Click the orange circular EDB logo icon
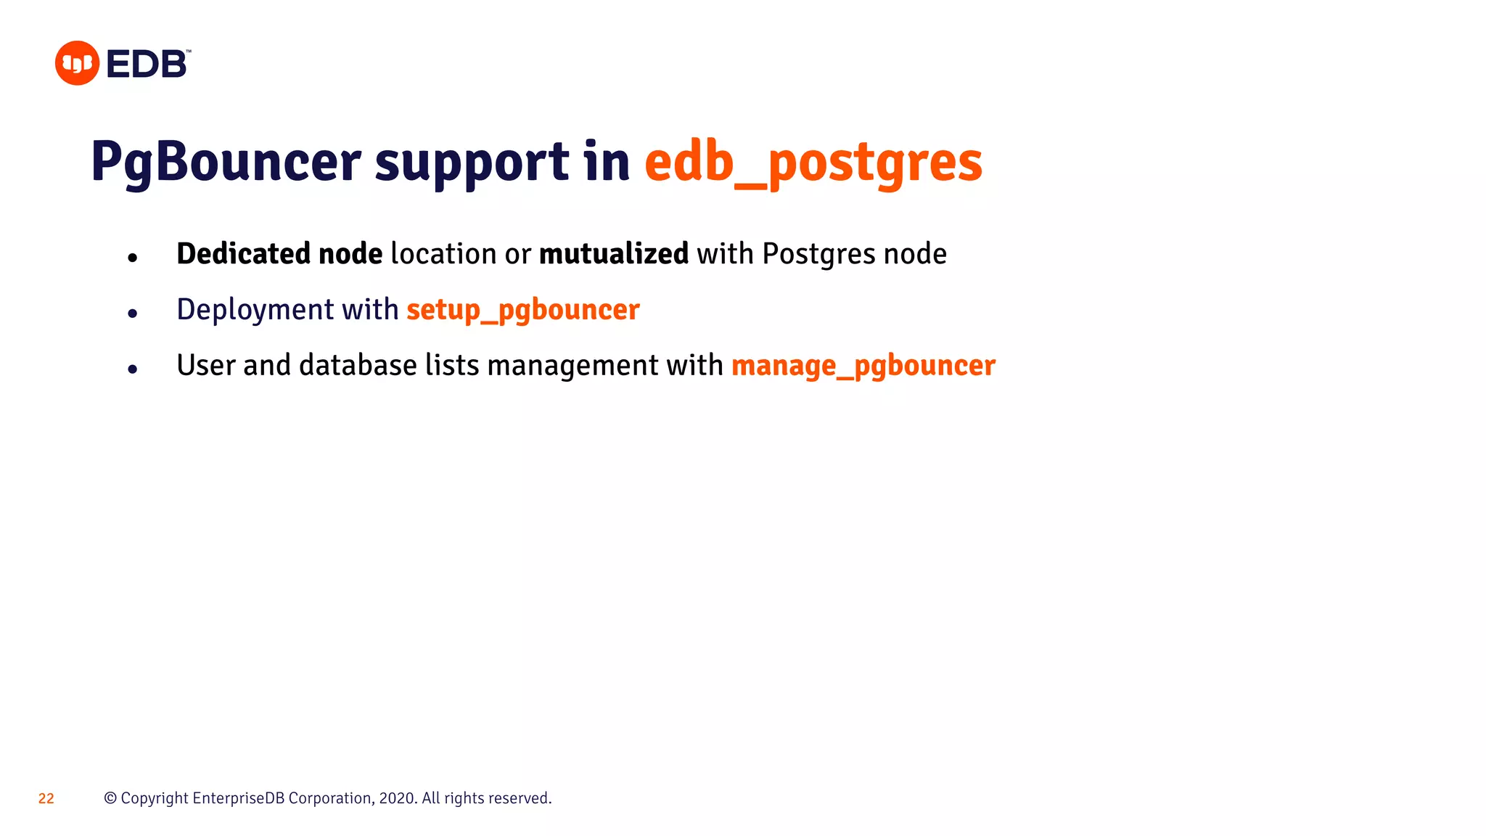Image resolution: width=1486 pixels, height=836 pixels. click(77, 63)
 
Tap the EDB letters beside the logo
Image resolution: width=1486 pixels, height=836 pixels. click(147, 65)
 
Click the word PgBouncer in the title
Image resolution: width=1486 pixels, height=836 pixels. click(226, 162)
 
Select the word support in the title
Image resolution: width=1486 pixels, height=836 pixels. click(472, 162)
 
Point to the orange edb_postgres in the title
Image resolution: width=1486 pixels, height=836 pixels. click(813, 162)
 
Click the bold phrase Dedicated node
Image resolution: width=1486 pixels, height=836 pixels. click(279, 254)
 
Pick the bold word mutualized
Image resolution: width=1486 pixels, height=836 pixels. click(613, 254)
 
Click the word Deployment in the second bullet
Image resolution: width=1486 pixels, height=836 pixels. click(255, 310)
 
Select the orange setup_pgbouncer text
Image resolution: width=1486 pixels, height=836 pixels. click(522, 310)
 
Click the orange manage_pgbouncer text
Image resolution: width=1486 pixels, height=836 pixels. click(863, 366)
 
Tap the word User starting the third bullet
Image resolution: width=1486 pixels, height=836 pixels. click(205, 366)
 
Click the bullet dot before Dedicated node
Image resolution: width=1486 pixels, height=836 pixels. click(132, 258)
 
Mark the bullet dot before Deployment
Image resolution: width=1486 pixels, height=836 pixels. click(132, 313)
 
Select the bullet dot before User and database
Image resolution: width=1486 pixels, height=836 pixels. click(132, 369)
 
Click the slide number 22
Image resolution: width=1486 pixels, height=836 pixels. click(46, 799)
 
